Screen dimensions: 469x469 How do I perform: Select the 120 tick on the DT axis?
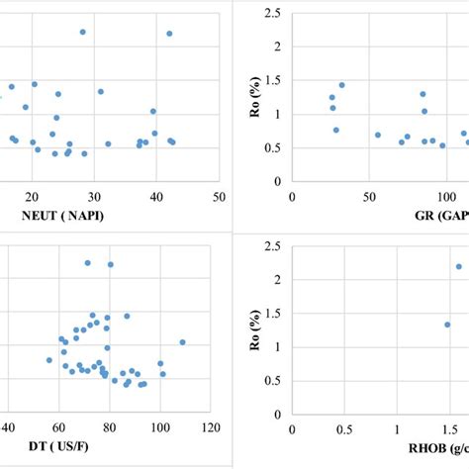[x=210, y=428]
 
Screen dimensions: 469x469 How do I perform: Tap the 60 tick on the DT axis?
[x=59, y=428]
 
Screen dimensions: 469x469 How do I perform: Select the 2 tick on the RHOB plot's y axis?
[x=277, y=280]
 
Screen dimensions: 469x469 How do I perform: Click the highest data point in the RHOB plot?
[x=458, y=266]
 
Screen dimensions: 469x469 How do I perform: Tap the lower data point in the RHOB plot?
[x=447, y=325]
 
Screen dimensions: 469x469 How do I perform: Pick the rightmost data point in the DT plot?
[x=182, y=342]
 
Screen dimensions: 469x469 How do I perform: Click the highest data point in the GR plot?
[x=342, y=85]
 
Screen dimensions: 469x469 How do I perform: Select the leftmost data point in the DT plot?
[x=49, y=360]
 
